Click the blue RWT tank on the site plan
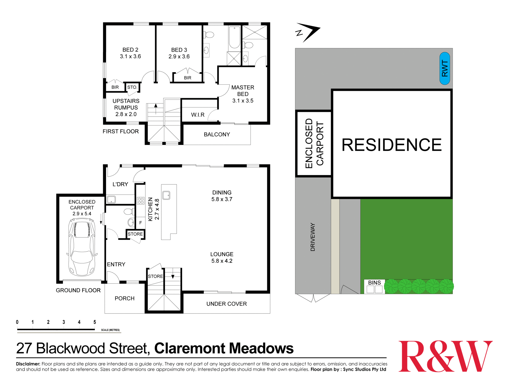pyautogui.click(x=445, y=68)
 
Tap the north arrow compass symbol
pyautogui.click(x=308, y=32)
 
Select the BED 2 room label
pyautogui.click(x=130, y=53)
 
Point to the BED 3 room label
pyautogui.click(x=179, y=53)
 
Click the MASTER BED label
pyautogui.click(x=243, y=94)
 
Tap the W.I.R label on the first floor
pyautogui.click(x=198, y=115)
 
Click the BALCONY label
pyautogui.click(x=217, y=134)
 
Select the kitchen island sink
pyautogui.click(x=166, y=195)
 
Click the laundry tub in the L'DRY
pyautogui.click(x=111, y=199)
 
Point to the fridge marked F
pyautogui.click(x=140, y=223)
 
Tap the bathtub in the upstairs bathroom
pyautogui.click(x=234, y=37)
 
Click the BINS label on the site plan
pyautogui.click(x=374, y=283)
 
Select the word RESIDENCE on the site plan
pyautogui.click(x=391, y=145)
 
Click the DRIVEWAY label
pyautogui.click(x=313, y=237)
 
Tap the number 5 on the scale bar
pyautogui.click(x=95, y=322)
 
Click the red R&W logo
pyautogui.click(x=445, y=356)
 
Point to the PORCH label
pyautogui.click(x=124, y=298)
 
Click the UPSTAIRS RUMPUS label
pyautogui.click(x=126, y=107)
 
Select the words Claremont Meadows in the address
pyautogui.click(x=224, y=348)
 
